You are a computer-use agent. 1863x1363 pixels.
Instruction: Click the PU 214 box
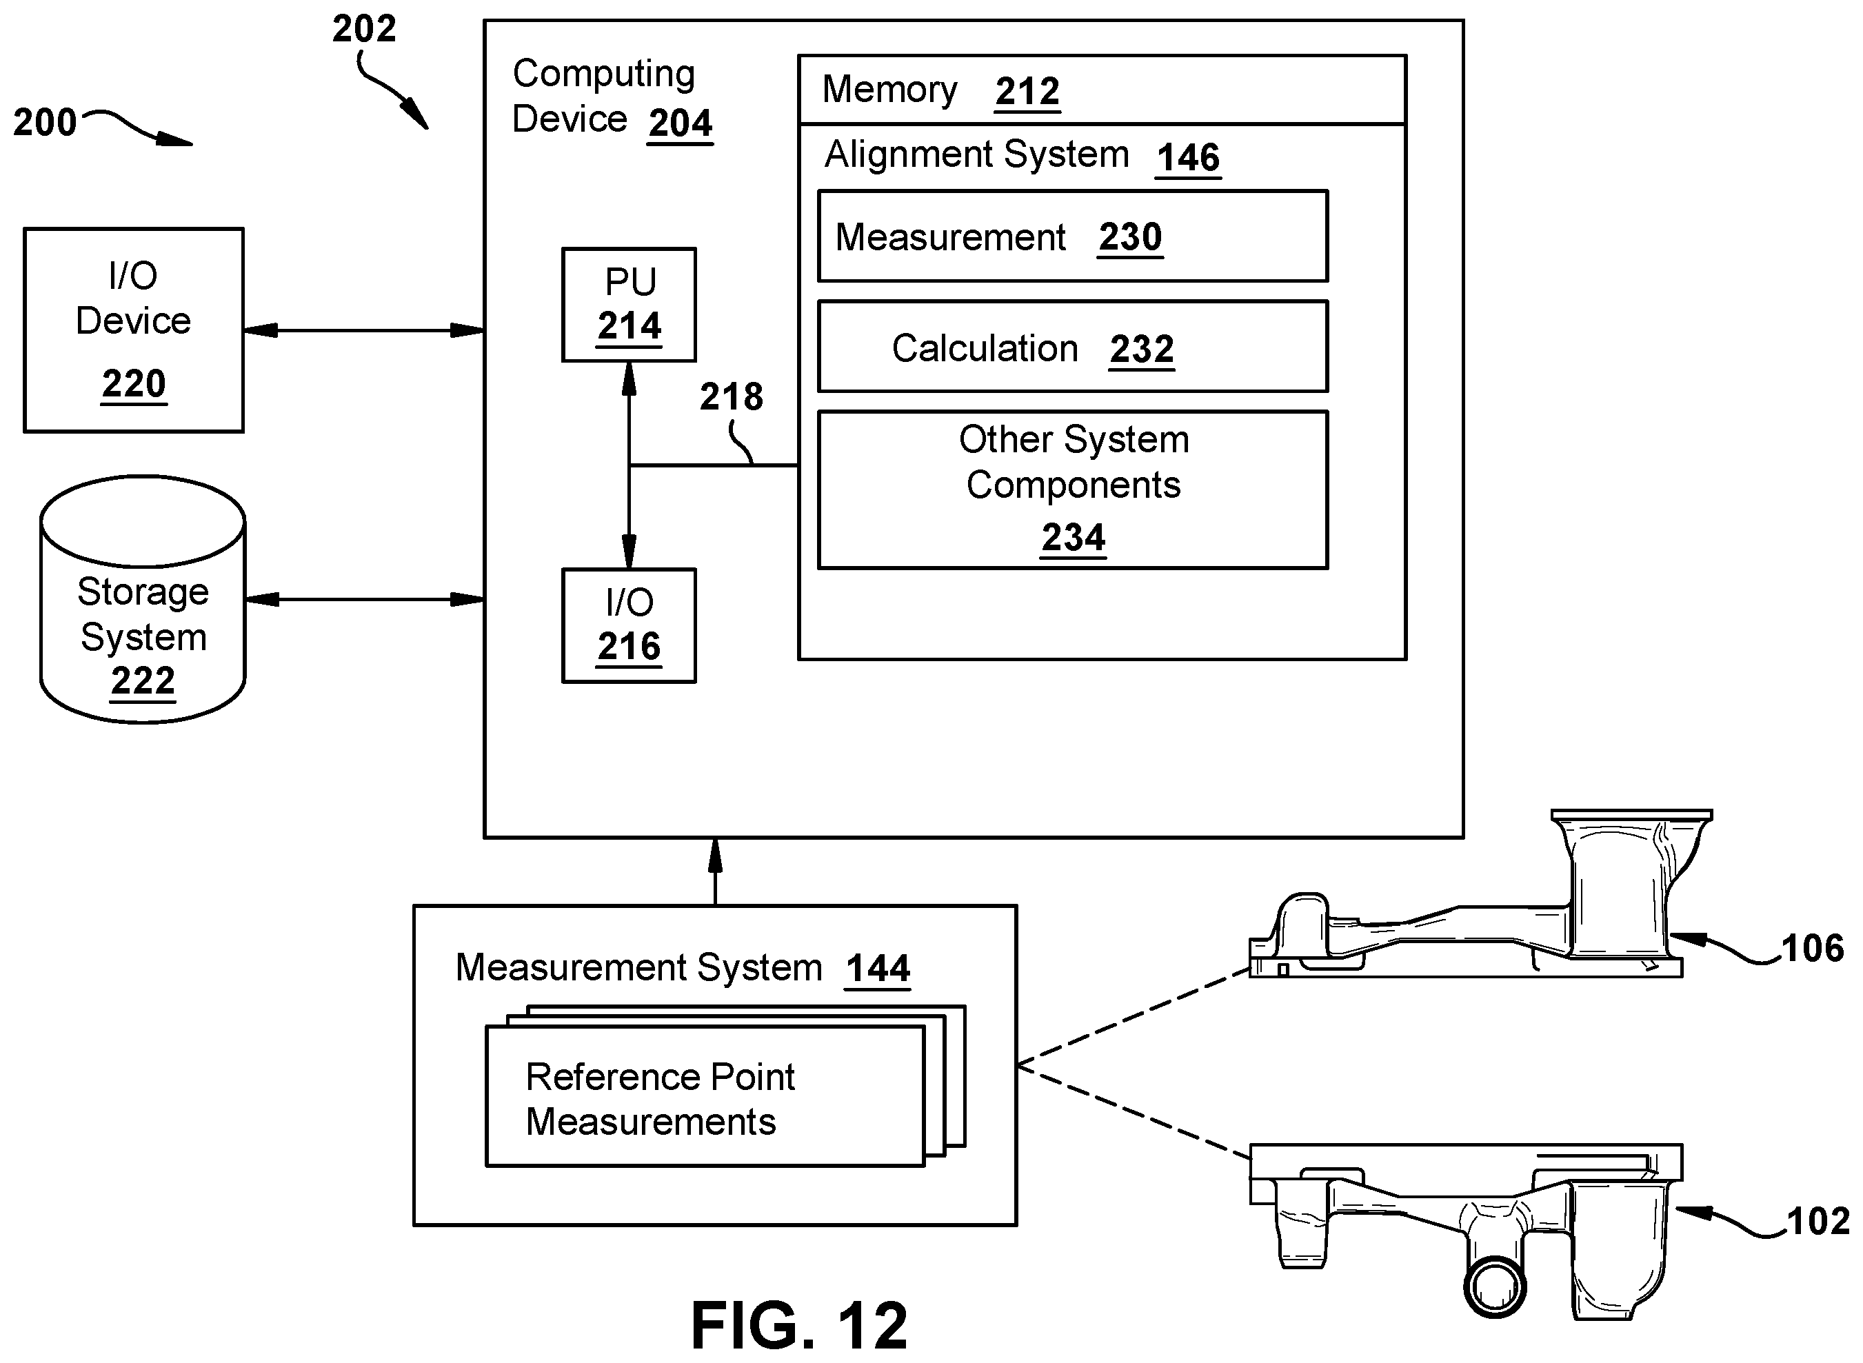[x=629, y=305]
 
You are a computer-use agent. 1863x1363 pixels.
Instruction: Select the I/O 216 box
[x=629, y=625]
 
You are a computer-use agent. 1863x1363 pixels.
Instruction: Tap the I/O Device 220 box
[x=134, y=330]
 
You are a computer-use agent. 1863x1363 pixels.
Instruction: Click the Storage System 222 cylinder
[x=143, y=599]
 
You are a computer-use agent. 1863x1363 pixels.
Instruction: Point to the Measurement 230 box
[x=1073, y=236]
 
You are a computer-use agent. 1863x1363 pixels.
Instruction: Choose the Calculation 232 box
[x=1073, y=347]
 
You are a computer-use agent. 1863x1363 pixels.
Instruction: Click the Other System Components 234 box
[x=1073, y=490]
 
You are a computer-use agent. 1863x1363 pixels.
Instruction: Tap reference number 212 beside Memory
[x=1027, y=91]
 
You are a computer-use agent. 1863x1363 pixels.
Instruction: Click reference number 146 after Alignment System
[x=1188, y=157]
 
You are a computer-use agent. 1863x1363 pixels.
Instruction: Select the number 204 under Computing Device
[x=680, y=123]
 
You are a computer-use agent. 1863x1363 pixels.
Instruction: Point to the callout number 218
[x=731, y=397]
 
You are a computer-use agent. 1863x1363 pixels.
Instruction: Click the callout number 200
[x=45, y=122]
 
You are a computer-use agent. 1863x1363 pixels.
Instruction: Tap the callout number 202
[x=364, y=29]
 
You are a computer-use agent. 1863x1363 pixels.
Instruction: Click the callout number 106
[x=1812, y=949]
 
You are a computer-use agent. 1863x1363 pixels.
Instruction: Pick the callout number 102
[x=1817, y=1222]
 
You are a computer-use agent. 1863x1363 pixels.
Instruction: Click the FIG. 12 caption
[x=798, y=1326]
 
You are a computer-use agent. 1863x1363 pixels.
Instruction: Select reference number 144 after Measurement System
[x=878, y=968]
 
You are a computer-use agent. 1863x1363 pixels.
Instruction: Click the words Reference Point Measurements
[x=660, y=1099]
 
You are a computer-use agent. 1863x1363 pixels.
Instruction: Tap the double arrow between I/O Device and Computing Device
[x=364, y=331]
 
